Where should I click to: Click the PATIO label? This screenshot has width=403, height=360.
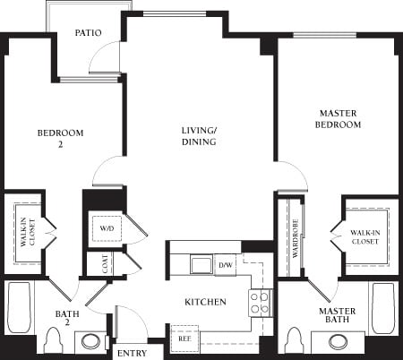click(x=89, y=33)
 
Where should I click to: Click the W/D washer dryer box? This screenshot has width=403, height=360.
click(x=107, y=228)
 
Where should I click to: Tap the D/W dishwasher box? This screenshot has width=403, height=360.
click(x=225, y=265)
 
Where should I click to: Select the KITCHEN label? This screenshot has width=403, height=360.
click(x=204, y=302)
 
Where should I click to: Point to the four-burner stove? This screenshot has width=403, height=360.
click(x=260, y=303)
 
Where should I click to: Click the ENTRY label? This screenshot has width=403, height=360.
click(x=131, y=353)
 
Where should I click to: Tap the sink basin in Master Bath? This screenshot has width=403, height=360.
click(x=339, y=342)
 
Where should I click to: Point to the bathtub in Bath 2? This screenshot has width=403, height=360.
click(x=19, y=310)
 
